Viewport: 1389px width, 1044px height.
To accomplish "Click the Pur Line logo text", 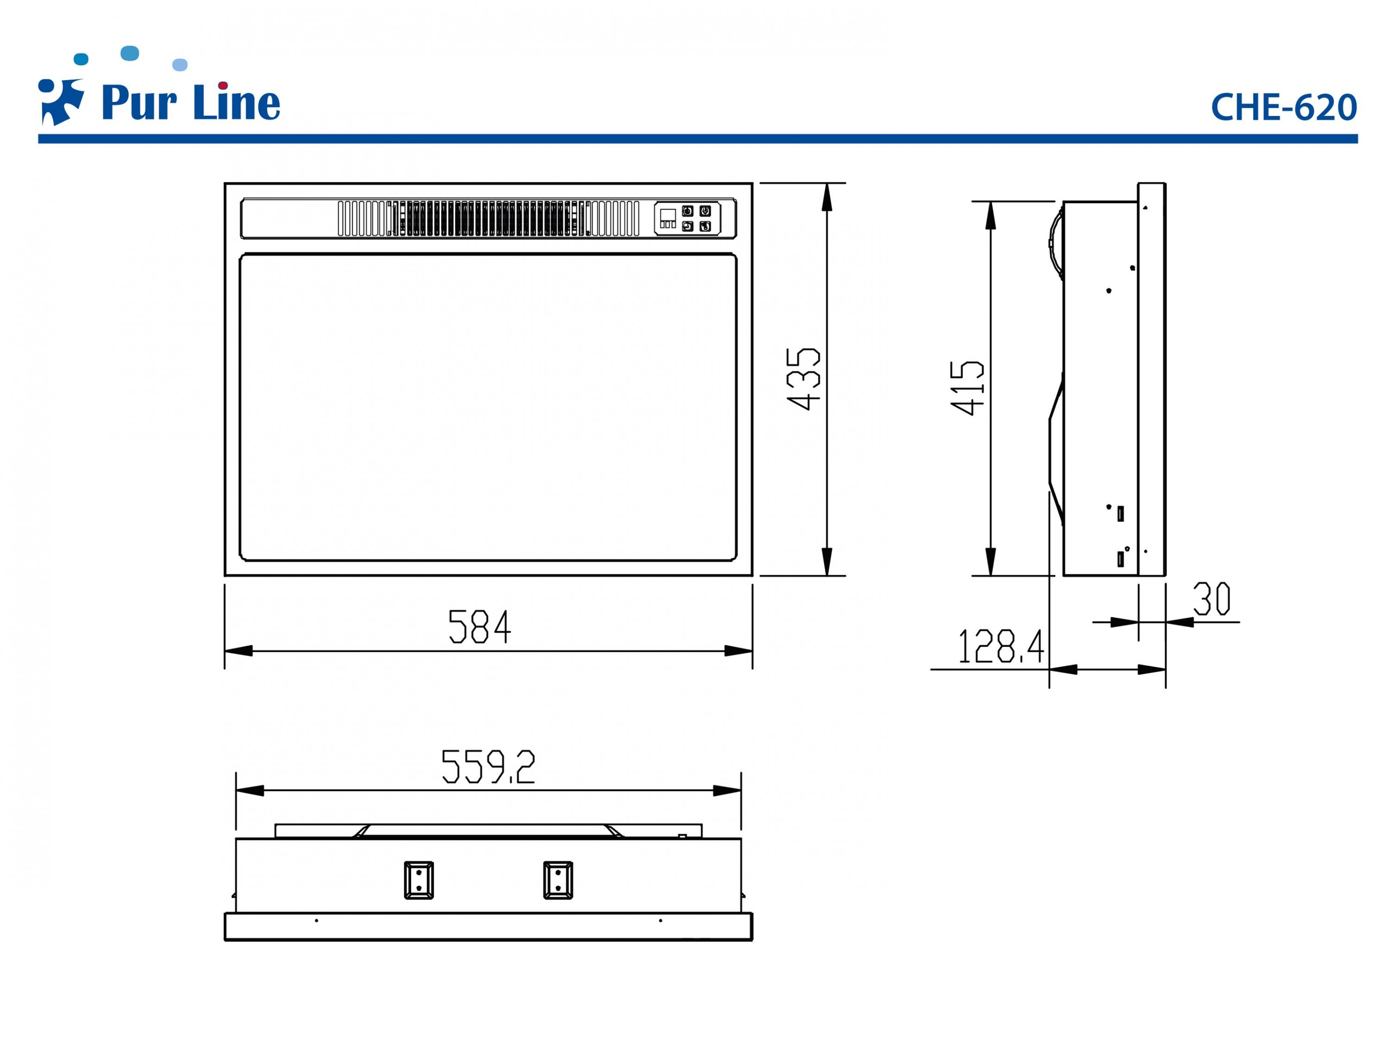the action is pos(190,102).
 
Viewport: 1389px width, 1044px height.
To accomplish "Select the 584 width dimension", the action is pos(480,627).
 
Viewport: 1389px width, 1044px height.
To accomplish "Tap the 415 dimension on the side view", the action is pos(968,387).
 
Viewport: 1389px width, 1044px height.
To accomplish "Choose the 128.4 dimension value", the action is pos(1001,646).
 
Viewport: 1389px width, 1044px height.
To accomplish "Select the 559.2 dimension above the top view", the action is pos(488,766).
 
